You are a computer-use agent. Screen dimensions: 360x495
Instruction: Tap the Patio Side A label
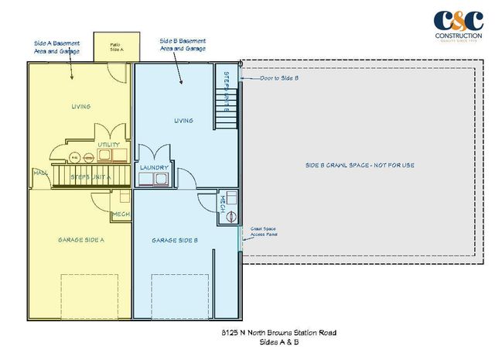click(117, 46)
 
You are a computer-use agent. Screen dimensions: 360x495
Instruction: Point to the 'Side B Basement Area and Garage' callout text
click(183, 43)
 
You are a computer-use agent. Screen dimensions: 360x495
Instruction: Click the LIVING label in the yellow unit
click(80, 106)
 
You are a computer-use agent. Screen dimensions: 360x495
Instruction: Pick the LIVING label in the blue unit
click(183, 120)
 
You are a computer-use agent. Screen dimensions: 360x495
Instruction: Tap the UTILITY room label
click(108, 145)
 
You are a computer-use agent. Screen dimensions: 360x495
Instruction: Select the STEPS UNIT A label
click(90, 177)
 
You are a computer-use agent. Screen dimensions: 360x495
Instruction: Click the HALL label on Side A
click(39, 173)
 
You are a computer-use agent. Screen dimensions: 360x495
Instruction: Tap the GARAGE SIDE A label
click(80, 240)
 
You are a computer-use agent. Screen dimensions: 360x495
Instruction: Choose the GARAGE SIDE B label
click(175, 241)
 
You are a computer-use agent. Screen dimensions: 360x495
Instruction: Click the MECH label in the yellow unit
click(121, 214)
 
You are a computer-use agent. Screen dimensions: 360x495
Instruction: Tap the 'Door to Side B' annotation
click(279, 78)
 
